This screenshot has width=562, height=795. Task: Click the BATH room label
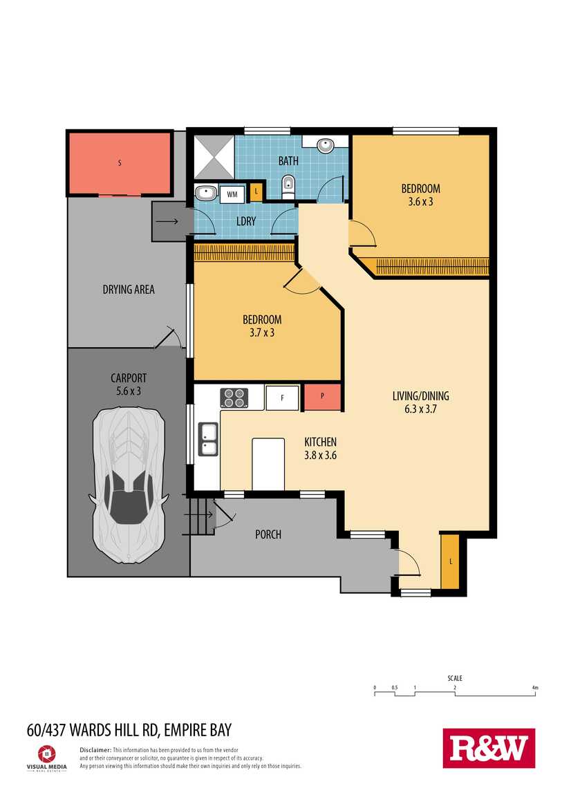(288, 160)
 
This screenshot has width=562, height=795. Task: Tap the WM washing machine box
(232, 194)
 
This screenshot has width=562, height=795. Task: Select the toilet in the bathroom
(288, 186)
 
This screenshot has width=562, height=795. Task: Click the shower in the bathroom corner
(214, 156)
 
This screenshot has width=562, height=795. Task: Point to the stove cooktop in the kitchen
(234, 397)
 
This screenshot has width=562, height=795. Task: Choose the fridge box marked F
(282, 398)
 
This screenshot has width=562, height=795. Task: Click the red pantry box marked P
(322, 397)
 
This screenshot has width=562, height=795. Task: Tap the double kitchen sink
(208, 439)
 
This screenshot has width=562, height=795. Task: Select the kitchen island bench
(268, 465)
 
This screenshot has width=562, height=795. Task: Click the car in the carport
(128, 485)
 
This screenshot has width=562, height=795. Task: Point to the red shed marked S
(120, 163)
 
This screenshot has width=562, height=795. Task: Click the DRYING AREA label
(129, 290)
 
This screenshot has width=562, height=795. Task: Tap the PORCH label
(268, 534)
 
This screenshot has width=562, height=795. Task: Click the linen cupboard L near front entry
(450, 561)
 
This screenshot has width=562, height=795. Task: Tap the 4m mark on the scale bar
(535, 688)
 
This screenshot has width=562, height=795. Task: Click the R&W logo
(489, 749)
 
